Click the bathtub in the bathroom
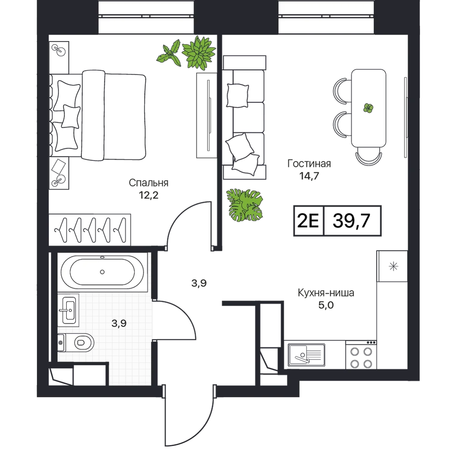coord(102,271)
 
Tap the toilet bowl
coord(76,342)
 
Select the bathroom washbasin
coord(69,310)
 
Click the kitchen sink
coord(306,355)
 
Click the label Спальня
coord(149,183)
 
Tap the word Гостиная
coord(309,164)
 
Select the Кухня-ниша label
coord(326,292)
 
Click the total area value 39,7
coord(351,221)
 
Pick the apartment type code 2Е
coord(308,221)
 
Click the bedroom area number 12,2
coord(149,195)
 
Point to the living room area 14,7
coord(309,176)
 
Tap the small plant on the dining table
coord(368,108)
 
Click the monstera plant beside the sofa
coord(245,205)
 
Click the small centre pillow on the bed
coord(71,117)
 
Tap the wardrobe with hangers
coord(90,229)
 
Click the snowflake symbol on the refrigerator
coord(393,266)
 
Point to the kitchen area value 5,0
coord(326,305)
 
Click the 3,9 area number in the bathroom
coord(119,323)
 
